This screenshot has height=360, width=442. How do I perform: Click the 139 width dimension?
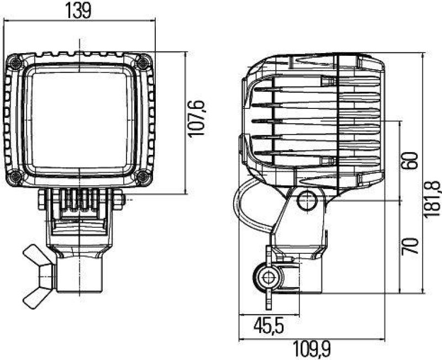[78, 11]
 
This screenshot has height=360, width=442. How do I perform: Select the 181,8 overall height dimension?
[433, 200]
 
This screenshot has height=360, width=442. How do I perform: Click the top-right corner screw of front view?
[144, 62]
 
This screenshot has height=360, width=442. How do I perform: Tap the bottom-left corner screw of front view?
[16, 177]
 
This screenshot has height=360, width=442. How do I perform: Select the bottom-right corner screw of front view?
[143, 177]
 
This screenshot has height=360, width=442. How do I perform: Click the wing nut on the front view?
[39, 275]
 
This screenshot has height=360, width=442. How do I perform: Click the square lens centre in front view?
[80, 119]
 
